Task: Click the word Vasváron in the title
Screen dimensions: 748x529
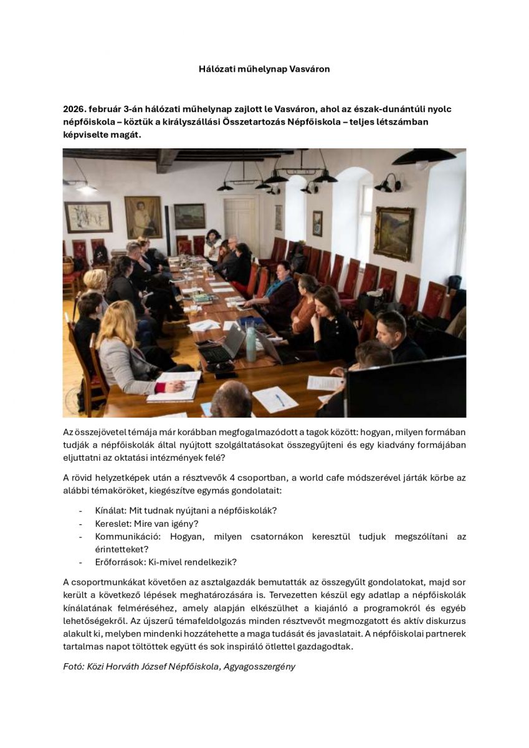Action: click(310, 69)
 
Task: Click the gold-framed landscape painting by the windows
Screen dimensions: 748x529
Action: click(393, 233)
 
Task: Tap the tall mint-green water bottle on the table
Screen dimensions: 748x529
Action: click(250, 343)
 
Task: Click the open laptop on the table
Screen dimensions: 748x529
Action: click(224, 346)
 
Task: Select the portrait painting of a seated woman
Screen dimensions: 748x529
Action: click(143, 217)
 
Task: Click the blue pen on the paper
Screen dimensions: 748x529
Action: click(280, 400)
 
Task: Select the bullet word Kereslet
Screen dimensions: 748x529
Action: click(113, 524)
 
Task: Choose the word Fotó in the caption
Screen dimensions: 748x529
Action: click(74, 666)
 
